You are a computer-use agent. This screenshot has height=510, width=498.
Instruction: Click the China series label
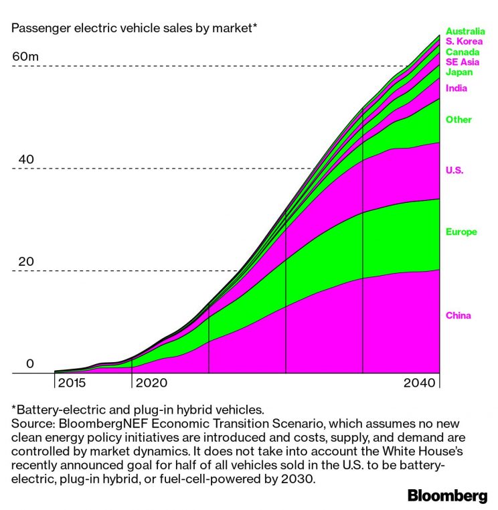coord(459,316)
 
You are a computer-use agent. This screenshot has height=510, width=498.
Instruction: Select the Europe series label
coord(461,232)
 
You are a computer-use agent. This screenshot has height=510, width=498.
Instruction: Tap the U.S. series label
coord(454,171)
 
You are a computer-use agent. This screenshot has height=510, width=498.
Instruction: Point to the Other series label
coord(459,120)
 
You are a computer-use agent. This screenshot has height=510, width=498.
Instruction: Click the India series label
coord(456,88)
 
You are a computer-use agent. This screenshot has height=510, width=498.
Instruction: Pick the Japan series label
coord(459,72)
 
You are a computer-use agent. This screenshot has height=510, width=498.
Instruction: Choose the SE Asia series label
coord(463,62)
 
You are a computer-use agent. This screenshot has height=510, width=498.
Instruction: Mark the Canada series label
coord(462,52)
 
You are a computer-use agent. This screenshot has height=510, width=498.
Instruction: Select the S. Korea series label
coord(464,41)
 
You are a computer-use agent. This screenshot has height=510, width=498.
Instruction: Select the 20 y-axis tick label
coord(25,262)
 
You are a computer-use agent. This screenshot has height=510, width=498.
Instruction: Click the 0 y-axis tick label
coord(29,365)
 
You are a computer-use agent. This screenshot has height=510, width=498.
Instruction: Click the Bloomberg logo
coord(447,496)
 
